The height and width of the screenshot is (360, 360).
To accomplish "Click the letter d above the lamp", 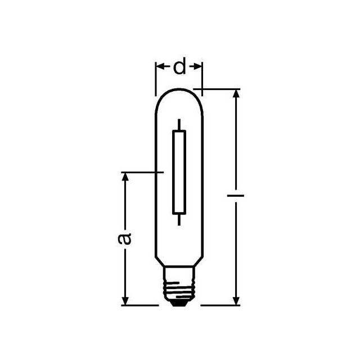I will (179, 67).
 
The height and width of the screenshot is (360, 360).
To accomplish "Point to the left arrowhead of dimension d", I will (159, 67).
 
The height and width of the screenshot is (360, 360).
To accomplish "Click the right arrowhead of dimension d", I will (198, 67).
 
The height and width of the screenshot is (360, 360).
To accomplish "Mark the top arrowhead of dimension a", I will (125, 175).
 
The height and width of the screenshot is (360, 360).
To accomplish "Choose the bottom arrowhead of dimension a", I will (125, 301).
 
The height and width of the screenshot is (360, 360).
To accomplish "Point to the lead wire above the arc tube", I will (179, 124).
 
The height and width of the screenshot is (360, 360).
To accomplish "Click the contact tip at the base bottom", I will (179, 303).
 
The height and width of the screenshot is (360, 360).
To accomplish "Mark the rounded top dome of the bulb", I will (178, 93).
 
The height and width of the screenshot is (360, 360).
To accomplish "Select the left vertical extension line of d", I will (155, 79).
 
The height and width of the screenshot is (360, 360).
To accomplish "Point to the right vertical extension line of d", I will (202, 76).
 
